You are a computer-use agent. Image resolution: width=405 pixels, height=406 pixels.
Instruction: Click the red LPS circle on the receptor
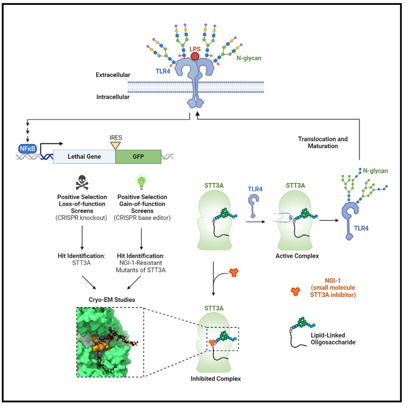pyautogui.click(x=195, y=56)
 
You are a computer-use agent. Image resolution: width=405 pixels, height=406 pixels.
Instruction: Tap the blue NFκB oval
pyautogui.click(x=27, y=149)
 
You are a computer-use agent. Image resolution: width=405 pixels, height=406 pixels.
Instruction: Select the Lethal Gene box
pyautogui.click(x=84, y=156)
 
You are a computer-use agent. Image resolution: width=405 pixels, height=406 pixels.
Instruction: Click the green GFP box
pyautogui.click(x=138, y=156)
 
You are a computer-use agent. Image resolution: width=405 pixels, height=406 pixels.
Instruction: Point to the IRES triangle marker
pyautogui.click(x=115, y=145)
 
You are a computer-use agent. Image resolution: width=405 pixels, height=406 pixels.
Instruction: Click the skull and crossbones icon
pyautogui.click(x=82, y=182)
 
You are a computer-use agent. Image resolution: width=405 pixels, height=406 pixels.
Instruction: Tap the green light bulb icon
pyautogui.click(x=142, y=183)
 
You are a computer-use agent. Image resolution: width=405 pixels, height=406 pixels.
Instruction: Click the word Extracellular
pyautogui.click(x=113, y=75)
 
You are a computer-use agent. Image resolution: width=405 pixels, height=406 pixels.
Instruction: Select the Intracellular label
pyautogui.click(x=113, y=97)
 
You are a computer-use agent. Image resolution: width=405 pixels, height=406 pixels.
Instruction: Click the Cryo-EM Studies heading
pyautogui.click(x=112, y=299)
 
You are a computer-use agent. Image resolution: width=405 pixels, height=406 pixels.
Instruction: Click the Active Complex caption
pyautogui.click(x=297, y=256)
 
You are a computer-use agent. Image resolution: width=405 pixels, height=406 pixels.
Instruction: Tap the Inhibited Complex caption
pyautogui.click(x=216, y=378)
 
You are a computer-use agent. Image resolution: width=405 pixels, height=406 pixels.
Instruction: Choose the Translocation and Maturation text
pyautogui.click(x=323, y=142)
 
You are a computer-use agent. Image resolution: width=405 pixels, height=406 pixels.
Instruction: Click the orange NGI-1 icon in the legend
pyautogui.click(x=295, y=291)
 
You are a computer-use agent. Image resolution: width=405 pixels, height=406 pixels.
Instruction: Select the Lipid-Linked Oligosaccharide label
pyautogui.click(x=333, y=339)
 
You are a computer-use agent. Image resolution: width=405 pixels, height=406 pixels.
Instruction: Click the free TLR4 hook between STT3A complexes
pyautogui.click(x=253, y=206)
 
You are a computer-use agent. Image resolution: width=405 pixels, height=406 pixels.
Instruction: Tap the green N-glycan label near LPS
pyautogui.click(x=249, y=58)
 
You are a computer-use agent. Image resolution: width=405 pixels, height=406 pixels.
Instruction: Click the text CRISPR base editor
pyautogui.click(x=142, y=218)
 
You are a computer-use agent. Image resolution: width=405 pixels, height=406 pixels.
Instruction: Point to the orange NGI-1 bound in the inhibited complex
pyautogui.click(x=212, y=343)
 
